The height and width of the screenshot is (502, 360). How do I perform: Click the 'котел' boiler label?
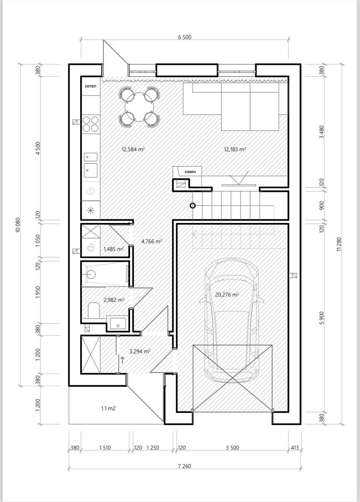[90, 86]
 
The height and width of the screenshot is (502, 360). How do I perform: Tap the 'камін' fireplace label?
[190, 172]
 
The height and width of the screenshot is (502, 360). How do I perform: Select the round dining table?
[139, 107]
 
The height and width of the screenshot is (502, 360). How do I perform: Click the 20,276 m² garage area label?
[227, 295]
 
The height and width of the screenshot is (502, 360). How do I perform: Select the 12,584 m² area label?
[133, 149]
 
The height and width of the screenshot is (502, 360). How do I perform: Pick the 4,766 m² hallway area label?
[152, 241]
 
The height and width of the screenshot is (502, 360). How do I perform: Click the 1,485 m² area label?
[114, 249]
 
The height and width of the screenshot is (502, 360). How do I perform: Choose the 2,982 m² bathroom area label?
[114, 300]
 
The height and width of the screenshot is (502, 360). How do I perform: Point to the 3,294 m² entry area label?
[140, 351]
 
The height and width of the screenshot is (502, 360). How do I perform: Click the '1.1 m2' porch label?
[108, 408]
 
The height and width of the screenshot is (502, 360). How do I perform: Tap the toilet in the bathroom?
[94, 310]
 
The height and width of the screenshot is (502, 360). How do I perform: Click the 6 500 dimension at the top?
[185, 37]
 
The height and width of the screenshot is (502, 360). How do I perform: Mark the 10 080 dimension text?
[18, 225]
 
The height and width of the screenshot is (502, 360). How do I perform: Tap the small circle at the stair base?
[192, 205]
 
